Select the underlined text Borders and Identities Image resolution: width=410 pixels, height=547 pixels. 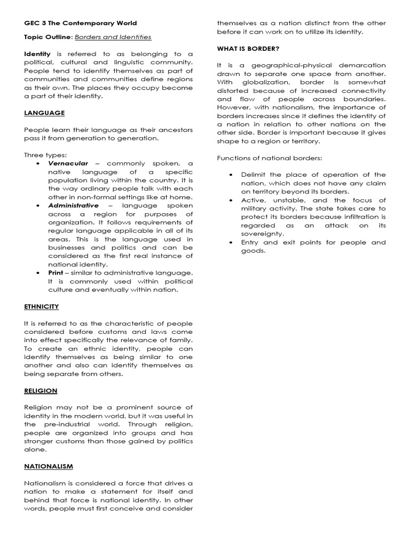(113, 37)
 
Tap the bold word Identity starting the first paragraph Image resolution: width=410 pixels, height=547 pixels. (37, 54)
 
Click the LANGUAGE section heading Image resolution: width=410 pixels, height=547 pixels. (44, 113)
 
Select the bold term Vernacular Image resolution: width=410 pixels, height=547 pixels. (68, 163)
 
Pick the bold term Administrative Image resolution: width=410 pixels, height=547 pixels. (73, 205)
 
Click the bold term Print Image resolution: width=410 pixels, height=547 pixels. (56, 272)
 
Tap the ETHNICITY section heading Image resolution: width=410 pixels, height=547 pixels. (42, 307)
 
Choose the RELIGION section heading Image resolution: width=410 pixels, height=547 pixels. (41, 390)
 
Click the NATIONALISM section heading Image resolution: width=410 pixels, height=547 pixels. (49, 466)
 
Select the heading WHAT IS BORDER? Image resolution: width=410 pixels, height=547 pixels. (248, 49)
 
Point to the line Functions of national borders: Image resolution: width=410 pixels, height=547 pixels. (270, 158)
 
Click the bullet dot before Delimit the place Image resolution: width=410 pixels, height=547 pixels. (231, 175)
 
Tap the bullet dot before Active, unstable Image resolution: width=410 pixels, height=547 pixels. (231, 200)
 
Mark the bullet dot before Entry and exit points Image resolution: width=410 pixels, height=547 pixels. (231, 243)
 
